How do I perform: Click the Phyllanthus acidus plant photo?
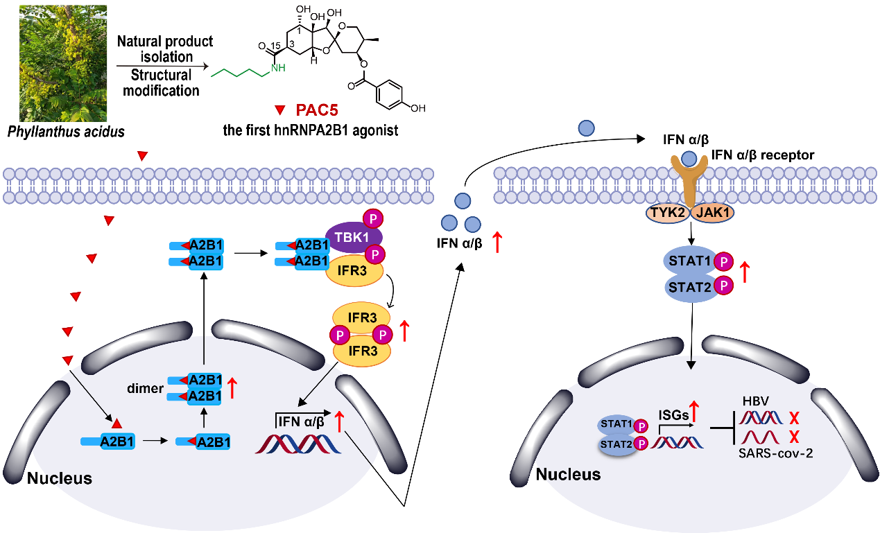[x=63, y=62]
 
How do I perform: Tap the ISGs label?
[x=673, y=414]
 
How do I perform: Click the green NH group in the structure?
[x=277, y=67]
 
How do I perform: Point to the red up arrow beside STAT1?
[x=745, y=272]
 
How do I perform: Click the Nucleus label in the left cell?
[x=59, y=478]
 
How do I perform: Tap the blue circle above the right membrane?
[x=586, y=128]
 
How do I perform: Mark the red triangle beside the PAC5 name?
[x=279, y=110]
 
